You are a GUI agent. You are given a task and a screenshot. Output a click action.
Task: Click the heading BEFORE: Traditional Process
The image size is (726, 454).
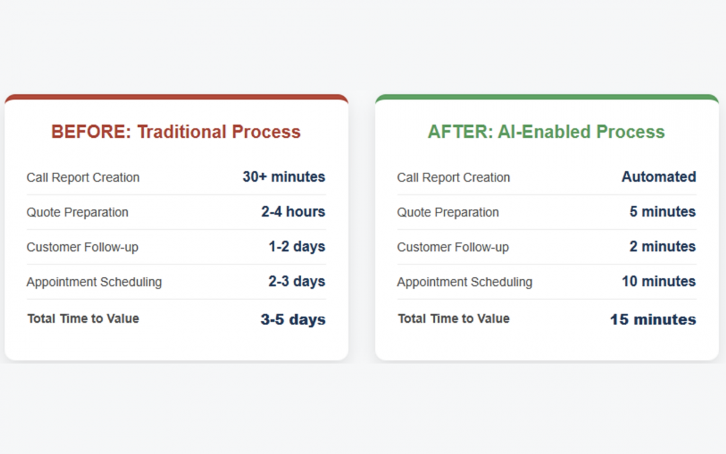[x=176, y=132]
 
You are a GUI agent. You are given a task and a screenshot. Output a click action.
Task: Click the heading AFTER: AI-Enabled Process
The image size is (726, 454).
[x=547, y=132]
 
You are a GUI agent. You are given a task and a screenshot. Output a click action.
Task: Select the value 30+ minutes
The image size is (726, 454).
[x=284, y=177]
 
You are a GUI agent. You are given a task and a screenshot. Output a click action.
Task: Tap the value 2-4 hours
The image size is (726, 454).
[x=293, y=212]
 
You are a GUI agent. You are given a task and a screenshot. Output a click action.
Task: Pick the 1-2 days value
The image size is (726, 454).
[x=297, y=247]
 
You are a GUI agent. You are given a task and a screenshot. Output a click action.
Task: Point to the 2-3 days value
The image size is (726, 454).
[x=297, y=281]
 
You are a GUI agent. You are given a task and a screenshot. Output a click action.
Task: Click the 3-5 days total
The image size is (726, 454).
[x=293, y=320]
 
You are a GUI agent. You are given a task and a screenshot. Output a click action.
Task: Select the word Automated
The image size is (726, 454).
[x=659, y=177]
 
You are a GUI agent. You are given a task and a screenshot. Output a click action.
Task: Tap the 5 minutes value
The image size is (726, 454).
[x=663, y=212]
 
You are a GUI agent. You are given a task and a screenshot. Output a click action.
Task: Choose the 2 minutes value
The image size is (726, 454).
[x=663, y=247]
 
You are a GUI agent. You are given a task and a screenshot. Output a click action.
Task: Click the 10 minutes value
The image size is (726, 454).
[x=659, y=281]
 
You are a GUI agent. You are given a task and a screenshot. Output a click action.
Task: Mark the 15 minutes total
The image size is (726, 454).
[x=653, y=320]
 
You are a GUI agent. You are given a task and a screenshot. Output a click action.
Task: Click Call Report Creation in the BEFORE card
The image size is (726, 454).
[x=83, y=178]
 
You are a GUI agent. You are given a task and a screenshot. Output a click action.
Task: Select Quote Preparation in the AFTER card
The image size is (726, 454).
[x=448, y=213]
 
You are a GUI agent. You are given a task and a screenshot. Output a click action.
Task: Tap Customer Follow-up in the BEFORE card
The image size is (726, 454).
[x=83, y=248]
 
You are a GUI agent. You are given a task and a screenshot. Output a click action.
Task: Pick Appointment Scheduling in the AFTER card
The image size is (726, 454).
[x=465, y=282]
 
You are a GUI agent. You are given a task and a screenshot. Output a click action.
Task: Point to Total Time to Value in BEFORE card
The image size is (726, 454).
[x=83, y=319]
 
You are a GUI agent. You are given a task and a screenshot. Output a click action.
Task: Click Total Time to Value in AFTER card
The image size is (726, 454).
[x=454, y=319]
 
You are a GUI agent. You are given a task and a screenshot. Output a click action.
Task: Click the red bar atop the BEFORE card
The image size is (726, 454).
[x=176, y=98]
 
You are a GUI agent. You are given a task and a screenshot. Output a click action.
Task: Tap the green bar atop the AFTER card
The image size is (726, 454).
[x=547, y=98]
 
